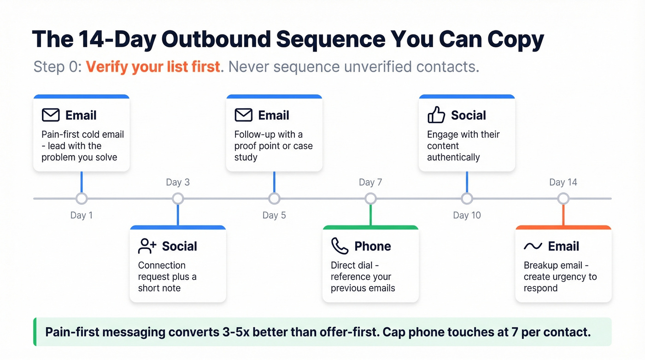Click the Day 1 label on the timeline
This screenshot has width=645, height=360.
[82, 215]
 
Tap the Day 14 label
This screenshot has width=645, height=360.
[563, 182]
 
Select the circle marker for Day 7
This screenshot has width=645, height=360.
[370, 199]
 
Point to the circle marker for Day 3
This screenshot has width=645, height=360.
[178, 199]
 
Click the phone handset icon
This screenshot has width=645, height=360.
[340, 246]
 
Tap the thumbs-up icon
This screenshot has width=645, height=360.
[436, 115]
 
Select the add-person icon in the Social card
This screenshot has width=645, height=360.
[147, 246]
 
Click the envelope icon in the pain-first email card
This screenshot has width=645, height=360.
[51, 115]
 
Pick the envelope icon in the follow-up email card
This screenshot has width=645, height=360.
[243, 115]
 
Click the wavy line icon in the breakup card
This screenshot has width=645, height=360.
[533, 246]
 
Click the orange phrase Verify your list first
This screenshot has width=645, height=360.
[153, 67]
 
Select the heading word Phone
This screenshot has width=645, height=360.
[372, 246]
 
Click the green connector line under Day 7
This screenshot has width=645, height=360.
[370, 215]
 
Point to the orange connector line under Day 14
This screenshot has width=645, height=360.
[563, 215]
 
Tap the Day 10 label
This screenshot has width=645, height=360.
[467, 215]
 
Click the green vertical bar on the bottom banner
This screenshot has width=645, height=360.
[35, 332]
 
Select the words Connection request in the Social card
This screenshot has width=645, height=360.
[162, 271]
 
